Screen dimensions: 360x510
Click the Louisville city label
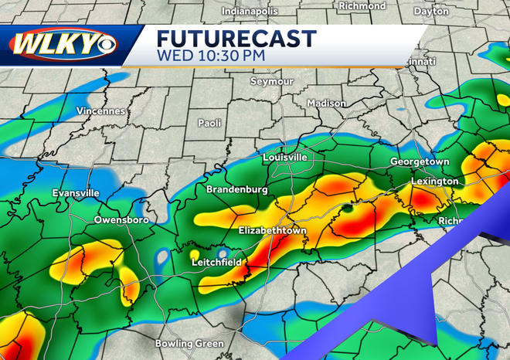(285, 158)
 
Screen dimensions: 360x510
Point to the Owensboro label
(121, 220)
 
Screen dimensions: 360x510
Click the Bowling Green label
(189, 343)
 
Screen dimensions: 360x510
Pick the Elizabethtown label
(272, 231)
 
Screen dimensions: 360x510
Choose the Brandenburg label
(236, 189)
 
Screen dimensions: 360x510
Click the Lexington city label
(435, 182)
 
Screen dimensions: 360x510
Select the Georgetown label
(420, 161)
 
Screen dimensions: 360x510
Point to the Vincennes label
(100, 111)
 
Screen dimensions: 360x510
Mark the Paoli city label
(209, 123)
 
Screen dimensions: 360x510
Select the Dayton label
(452, 12)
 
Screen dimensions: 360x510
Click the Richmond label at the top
(362, 6)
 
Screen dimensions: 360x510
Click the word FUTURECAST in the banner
(236, 38)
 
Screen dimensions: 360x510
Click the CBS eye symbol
(105, 44)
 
